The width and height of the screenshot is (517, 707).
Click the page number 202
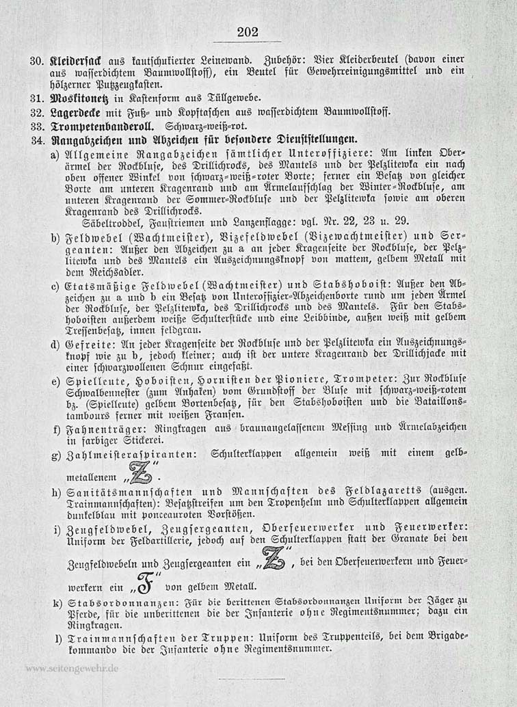(246, 31)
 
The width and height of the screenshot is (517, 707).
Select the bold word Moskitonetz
(78, 98)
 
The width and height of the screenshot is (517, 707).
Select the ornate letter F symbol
(144, 585)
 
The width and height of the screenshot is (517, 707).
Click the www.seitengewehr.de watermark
(70, 668)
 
